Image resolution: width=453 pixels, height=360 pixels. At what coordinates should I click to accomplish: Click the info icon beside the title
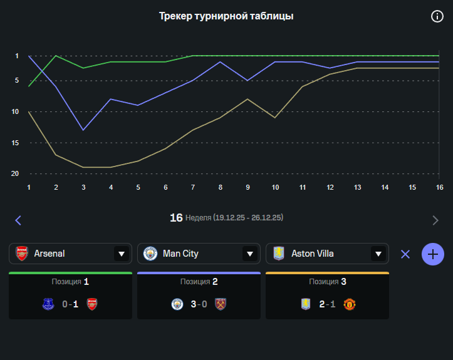tap(437, 16)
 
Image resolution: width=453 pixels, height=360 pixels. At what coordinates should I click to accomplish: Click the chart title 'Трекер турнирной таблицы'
tap(226, 16)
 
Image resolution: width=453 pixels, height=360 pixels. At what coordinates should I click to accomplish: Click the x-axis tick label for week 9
tap(248, 187)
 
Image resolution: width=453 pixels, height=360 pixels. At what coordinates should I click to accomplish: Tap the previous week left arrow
tap(18, 220)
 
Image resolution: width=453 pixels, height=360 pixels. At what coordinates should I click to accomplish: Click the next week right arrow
tap(435, 220)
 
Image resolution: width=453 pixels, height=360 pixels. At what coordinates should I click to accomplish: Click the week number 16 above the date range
tap(176, 217)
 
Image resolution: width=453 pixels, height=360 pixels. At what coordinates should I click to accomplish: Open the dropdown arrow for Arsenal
tap(121, 254)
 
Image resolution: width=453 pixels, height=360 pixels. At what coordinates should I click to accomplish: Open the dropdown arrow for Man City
tap(249, 254)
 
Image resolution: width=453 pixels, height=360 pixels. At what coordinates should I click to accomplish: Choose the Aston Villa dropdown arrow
tap(378, 254)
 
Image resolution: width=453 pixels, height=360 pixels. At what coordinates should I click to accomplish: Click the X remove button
tap(405, 254)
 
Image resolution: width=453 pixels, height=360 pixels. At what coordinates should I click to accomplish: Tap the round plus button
tap(433, 254)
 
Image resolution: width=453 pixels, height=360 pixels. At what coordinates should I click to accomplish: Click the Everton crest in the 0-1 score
tap(48, 304)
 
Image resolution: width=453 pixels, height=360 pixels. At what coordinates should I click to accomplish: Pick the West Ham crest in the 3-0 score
tap(221, 304)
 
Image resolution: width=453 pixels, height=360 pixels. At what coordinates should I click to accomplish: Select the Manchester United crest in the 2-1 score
tap(350, 304)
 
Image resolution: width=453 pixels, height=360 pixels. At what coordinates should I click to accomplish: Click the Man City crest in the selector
tap(150, 254)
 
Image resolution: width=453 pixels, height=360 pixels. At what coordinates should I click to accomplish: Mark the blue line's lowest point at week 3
tap(83, 130)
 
